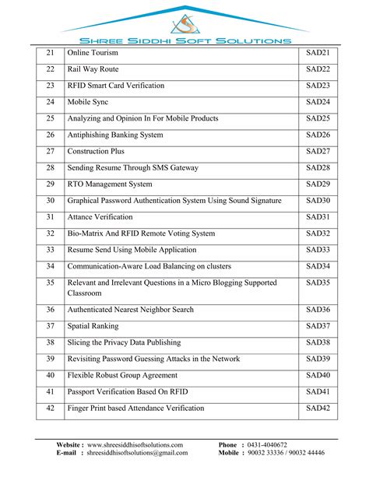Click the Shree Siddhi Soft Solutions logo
(184, 24)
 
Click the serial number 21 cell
(51, 53)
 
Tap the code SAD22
(318, 69)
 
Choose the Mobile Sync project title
(90, 102)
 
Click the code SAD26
(318, 135)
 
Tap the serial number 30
(51, 201)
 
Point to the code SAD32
(318, 233)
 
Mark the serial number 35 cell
(51, 283)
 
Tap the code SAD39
(318, 359)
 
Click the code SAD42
(318, 408)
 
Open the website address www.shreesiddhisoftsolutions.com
(135, 444)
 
